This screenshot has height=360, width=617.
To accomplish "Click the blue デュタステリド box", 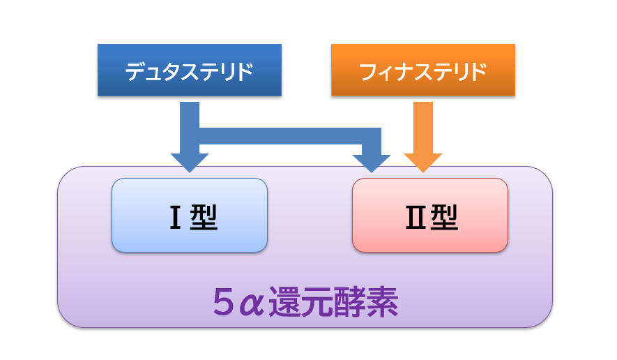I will tap(189, 70).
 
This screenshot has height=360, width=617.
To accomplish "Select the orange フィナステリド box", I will tap(422, 70).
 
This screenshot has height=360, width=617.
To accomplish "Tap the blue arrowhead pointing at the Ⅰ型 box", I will tap(189, 162).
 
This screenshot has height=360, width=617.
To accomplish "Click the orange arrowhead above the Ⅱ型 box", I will tap(423, 162).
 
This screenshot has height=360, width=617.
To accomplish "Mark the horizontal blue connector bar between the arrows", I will tap(289, 136).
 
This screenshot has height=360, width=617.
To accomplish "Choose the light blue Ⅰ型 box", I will tap(189, 215).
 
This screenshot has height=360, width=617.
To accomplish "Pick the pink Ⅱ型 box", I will tap(429, 215).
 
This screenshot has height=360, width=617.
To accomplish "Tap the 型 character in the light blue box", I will tap(203, 218).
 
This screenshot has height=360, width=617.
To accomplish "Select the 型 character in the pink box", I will tap(443, 218).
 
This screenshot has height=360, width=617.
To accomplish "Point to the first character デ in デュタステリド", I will tap(135, 71).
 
